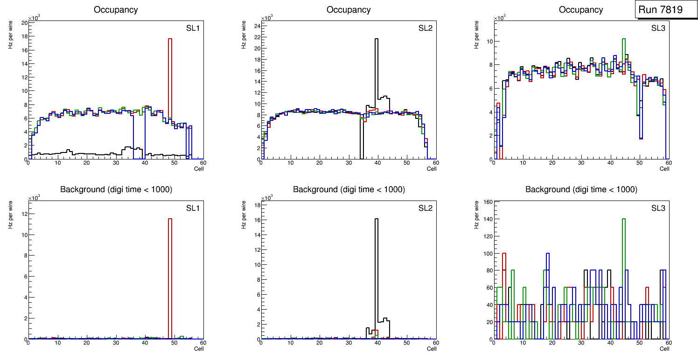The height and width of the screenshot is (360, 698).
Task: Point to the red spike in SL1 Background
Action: tap(170, 280)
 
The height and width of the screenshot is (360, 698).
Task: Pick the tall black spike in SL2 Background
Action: tap(377, 270)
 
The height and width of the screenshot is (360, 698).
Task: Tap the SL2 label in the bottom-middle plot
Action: tap(425, 208)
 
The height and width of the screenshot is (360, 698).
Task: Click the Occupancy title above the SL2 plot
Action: tap(349, 10)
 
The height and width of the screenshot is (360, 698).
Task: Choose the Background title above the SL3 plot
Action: tap(581, 189)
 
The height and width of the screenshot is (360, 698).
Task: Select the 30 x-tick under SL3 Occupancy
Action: tap(581, 163)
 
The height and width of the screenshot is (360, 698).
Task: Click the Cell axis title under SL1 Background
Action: tap(199, 348)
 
